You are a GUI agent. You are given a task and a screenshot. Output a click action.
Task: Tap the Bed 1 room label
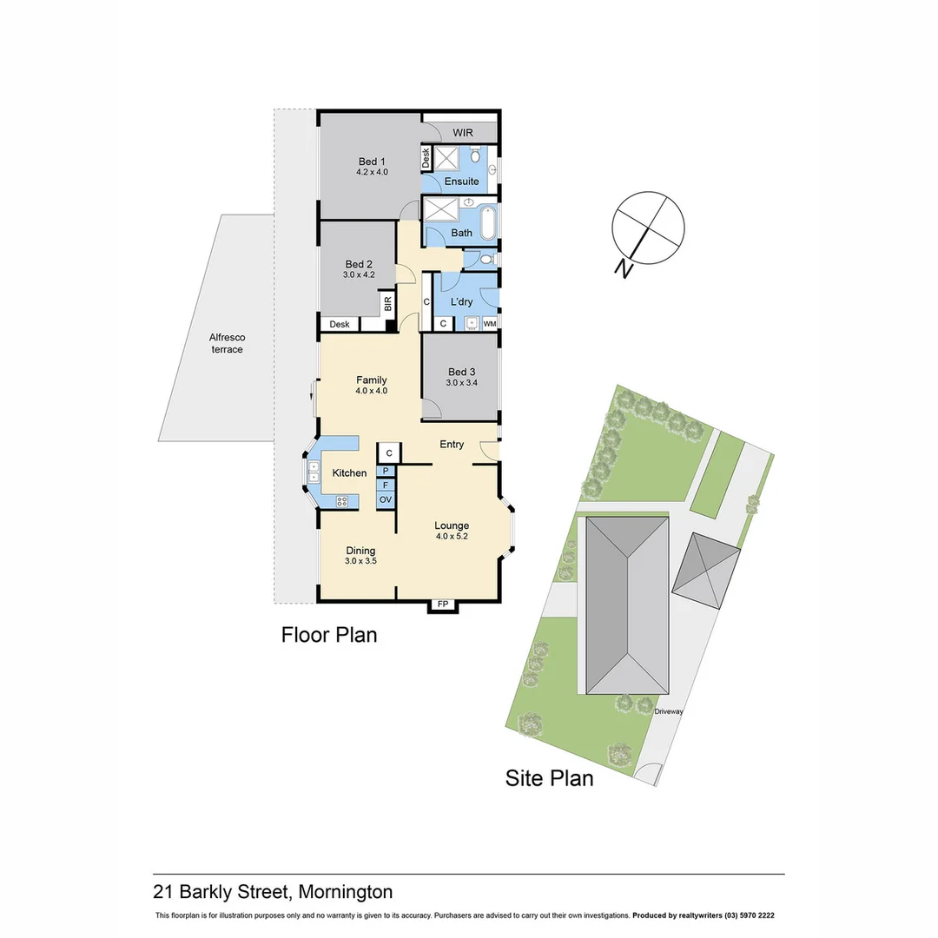(372, 162)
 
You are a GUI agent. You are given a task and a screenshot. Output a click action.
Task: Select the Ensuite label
(461, 182)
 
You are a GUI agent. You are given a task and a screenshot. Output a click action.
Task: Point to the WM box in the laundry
(490, 324)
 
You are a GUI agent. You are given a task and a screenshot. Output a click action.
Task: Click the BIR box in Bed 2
(387, 304)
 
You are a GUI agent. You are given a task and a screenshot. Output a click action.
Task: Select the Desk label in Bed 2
(339, 324)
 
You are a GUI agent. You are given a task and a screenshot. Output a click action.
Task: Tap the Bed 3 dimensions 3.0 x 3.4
(462, 382)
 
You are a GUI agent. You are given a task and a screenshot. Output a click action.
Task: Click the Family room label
(371, 380)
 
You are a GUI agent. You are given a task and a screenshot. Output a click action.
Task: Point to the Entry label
(452, 445)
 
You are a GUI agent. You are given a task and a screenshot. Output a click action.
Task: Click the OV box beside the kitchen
(386, 500)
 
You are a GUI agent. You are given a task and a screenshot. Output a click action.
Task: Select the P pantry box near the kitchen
(386, 471)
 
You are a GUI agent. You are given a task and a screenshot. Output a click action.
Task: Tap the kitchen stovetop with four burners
(342, 500)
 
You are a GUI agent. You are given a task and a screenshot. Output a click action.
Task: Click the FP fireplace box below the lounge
(443, 604)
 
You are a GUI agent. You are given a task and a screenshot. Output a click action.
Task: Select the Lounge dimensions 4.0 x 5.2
(452, 537)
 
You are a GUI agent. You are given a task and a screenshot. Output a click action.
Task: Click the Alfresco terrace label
(226, 343)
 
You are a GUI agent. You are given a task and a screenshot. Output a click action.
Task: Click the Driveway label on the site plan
(670, 711)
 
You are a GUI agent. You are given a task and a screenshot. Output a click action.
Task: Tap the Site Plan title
(549, 778)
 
